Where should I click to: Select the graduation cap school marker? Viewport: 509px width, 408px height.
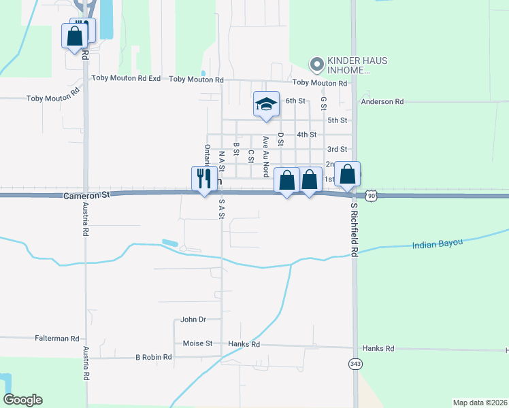pyautogui.click(x=267, y=105)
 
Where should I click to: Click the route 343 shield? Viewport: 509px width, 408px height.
pyautogui.click(x=355, y=364)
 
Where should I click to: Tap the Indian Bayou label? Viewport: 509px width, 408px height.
pyautogui.click(x=438, y=243)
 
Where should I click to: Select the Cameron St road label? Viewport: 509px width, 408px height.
pyautogui.click(x=86, y=194)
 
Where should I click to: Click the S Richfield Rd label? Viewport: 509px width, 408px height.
pyautogui.click(x=354, y=229)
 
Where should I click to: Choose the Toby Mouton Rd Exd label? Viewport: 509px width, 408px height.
pyautogui.click(x=126, y=79)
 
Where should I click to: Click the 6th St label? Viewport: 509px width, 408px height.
pyautogui.click(x=295, y=101)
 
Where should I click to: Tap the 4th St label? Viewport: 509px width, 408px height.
pyautogui.click(x=306, y=135)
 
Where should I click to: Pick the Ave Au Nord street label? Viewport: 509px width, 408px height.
pyautogui.click(x=266, y=156)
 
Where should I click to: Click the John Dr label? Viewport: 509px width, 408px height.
pyautogui.click(x=193, y=319)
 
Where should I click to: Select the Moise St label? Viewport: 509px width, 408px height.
pyautogui.click(x=200, y=343)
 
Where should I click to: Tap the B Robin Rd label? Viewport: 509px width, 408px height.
pyautogui.click(x=154, y=356)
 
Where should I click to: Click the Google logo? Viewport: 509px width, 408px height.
pyautogui.click(x=23, y=400)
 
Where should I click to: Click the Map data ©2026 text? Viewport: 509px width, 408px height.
pyautogui.click(x=480, y=403)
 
